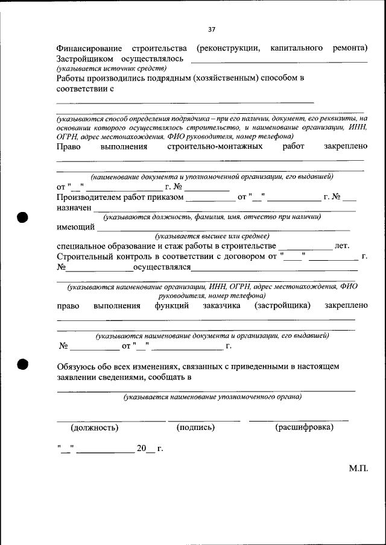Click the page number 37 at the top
pos(212,29)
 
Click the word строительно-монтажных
pos(215,146)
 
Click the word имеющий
pos(75,227)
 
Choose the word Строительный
pos(84,257)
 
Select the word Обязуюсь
pos(76,366)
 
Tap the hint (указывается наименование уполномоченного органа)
pos(213,397)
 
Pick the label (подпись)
pos(195,428)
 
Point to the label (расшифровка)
pos(304,428)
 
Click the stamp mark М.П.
pos(357,468)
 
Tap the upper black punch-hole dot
pos(23,217)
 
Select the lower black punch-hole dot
pos(23,364)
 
